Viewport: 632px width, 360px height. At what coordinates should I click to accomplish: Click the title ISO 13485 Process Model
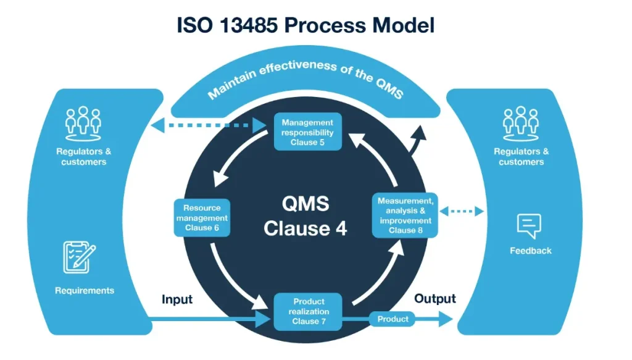306,25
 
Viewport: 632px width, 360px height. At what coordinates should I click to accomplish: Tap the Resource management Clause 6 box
202,218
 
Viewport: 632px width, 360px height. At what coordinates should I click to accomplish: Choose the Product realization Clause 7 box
307,312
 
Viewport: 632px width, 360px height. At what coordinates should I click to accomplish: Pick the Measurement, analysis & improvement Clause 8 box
405,216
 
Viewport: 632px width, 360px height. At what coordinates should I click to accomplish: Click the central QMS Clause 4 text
306,216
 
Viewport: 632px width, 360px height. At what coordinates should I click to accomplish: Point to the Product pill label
393,319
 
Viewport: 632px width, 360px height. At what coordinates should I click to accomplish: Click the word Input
177,299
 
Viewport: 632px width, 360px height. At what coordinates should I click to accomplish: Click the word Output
434,299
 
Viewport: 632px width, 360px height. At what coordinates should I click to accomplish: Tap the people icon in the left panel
83,121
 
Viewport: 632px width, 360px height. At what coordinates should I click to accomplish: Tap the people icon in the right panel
521,121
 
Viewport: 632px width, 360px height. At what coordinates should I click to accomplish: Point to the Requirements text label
85,290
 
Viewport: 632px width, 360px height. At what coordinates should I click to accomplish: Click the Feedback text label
530,251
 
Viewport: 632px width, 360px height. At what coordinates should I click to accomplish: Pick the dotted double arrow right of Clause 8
462,212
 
